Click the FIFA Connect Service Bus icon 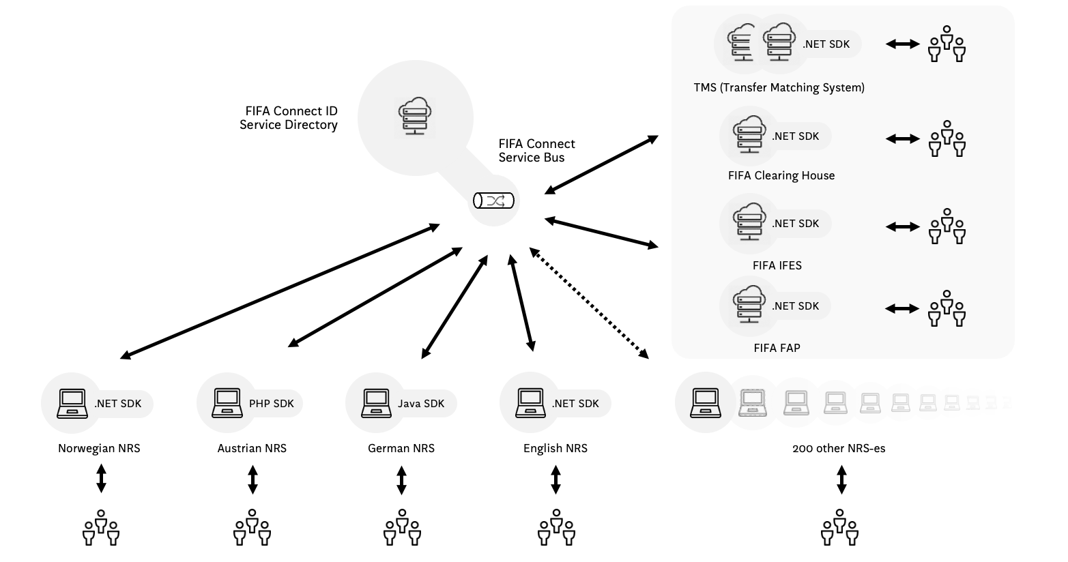click(493, 201)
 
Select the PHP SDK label click(271, 404)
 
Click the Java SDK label click(421, 404)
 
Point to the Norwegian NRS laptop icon click(71, 403)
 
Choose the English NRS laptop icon click(530, 403)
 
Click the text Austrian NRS click(252, 448)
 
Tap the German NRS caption click(401, 448)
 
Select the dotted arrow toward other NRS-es click(590, 304)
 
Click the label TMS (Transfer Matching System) click(779, 87)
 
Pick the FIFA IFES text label click(777, 265)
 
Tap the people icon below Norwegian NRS click(101, 528)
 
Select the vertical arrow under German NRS click(401, 479)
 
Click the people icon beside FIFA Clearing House click(947, 138)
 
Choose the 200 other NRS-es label click(839, 448)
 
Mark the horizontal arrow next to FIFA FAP click(902, 308)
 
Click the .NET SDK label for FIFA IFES click(795, 224)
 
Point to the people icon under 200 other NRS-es click(839, 528)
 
